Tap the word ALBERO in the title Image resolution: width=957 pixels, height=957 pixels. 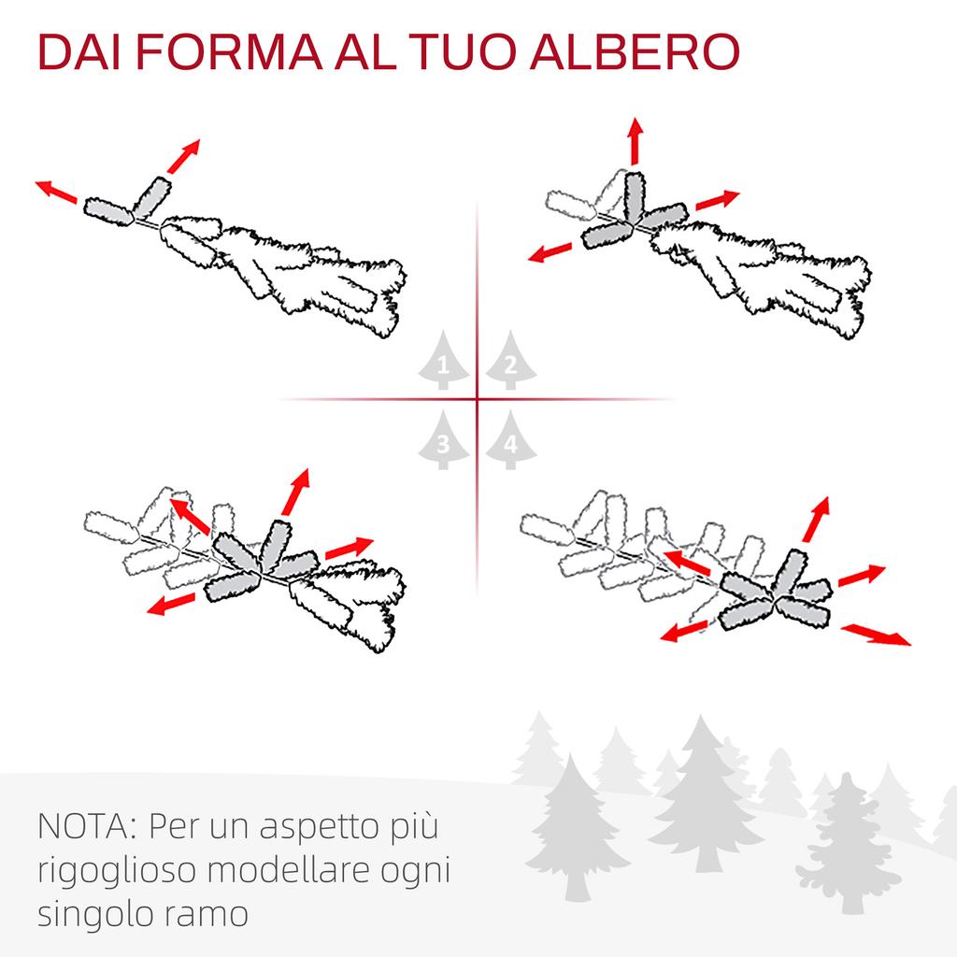coord(635,52)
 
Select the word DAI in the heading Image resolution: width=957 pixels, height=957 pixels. coord(79,52)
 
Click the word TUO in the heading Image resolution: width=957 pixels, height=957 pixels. coord(464,52)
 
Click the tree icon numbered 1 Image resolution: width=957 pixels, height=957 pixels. coord(444,361)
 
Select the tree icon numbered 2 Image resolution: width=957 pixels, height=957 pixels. coord(511,361)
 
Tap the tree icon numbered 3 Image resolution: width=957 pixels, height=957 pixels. coord(444,440)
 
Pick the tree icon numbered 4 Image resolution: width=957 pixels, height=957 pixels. coord(511,440)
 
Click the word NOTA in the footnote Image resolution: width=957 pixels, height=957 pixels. coord(88,826)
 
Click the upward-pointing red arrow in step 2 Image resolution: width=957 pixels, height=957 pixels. coord(636,141)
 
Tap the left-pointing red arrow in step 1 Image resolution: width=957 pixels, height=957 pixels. coord(56,192)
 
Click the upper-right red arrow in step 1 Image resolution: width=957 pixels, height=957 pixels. coord(184,156)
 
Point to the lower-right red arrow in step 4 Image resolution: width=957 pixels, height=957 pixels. coord(876,635)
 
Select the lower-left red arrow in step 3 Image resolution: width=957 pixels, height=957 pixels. coord(172,603)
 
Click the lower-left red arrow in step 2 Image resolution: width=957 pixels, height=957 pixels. coord(550,252)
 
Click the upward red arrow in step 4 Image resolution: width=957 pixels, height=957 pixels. coord(816,520)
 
